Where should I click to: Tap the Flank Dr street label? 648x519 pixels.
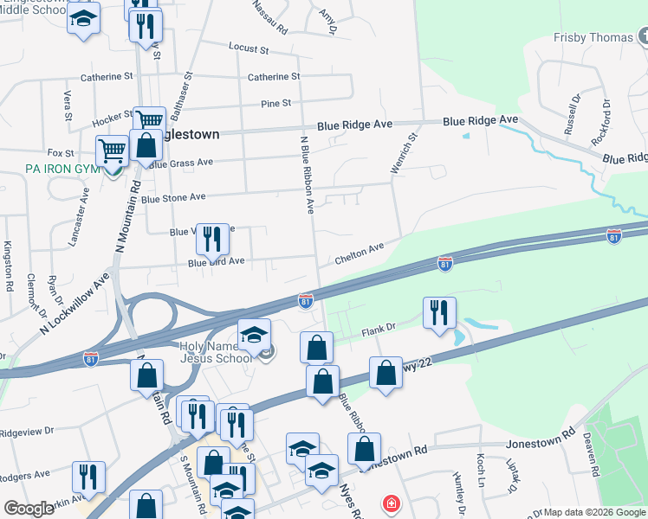(x=378, y=327)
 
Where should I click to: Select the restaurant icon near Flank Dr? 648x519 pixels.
(x=439, y=312)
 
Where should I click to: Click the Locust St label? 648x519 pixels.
(x=249, y=47)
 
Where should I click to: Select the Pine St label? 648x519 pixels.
(x=275, y=104)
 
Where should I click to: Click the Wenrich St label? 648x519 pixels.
(x=404, y=152)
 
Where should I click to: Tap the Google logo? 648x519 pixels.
(x=29, y=509)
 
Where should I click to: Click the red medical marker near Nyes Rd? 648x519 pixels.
(x=392, y=503)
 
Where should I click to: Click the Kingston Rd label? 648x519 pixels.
(x=9, y=266)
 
